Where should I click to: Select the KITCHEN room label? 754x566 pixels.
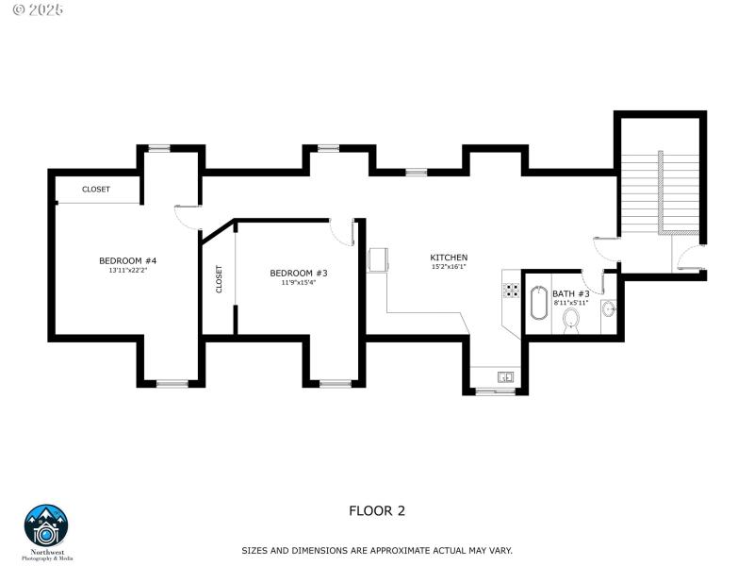pyautogui.click(x=449, y=258)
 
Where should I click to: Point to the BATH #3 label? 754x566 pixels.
pyautogui.click(x=570, y=293)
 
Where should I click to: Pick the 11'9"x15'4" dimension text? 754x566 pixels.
pyautogui.click(x=298, y=282)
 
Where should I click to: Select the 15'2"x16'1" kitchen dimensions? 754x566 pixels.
pyautogui.click(x=449, y=267)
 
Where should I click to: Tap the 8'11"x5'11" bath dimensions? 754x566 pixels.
pyautogui.click(x=570, y=303)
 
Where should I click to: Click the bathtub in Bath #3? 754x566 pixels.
pyautogui.click(x=539, y=304)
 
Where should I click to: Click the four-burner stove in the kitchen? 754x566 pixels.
pyautogui.click(x=512, y=290)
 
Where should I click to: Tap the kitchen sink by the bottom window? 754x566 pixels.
pyautogui.click(x=505, y=377)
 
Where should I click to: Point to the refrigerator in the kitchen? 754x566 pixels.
pyautogui.click(x=378, y=260)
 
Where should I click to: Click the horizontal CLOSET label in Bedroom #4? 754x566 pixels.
pyautogui.click(x=96, y=190)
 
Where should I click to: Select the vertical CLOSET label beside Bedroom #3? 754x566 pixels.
pyautogui.click(x=220, y=278)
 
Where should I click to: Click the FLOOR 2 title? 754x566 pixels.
pyautogui.click(x=377, y=510)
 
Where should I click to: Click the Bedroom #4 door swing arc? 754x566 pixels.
pyautogui.click(x=186, y=217)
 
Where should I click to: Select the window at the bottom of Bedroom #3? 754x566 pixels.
pyautogui.click(x=334, y=383)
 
